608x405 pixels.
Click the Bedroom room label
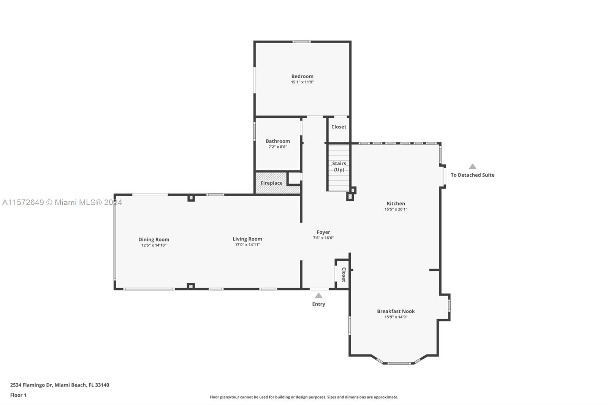pos(302,76)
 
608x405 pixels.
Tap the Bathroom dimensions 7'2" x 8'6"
pos(278,147)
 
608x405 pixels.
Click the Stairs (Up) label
pos(339,166)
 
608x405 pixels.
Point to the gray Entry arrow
pos(319,296)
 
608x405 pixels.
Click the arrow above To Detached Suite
pos(473,166)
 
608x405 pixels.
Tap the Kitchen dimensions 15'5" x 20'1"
pos(396,209)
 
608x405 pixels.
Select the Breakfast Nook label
pos(396,311)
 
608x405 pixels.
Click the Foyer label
pos(323,232)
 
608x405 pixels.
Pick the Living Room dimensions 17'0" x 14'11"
pos(247,245)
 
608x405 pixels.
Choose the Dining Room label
pos(154,239)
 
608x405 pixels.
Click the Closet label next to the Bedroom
pos(339,127)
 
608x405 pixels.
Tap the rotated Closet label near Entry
pos(344,275)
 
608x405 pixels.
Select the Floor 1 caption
pos(18,395)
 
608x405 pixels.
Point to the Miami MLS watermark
pos(62,202)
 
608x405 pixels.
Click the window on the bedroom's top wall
pos(302,41)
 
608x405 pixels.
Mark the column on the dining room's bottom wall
pos(191,286)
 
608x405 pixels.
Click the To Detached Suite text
pos(473,175)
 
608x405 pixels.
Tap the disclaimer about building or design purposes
pos(304,397)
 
